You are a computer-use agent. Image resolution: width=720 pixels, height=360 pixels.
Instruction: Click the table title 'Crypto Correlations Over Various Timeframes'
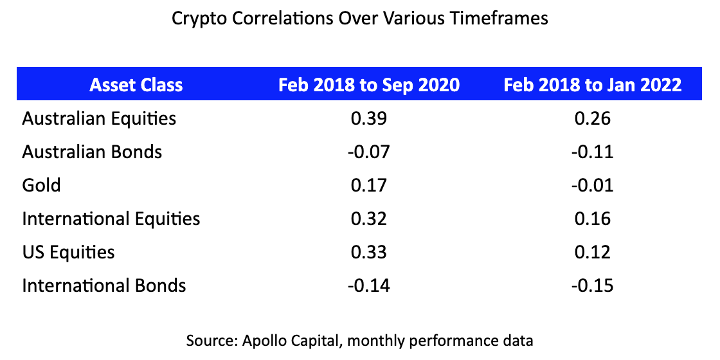point(359,18)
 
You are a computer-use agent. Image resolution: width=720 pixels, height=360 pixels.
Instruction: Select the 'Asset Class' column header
point(136,85)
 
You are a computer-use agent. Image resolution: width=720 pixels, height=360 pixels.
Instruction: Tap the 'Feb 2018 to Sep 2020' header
point(369,85)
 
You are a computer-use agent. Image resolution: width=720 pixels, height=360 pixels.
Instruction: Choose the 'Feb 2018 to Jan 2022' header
point(593,85)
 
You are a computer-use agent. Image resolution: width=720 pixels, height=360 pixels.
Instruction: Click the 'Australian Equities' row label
point(99,118)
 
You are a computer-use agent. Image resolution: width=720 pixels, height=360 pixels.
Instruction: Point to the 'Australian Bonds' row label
point(92,152)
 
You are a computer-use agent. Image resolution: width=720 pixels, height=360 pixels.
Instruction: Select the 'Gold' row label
point(42,185)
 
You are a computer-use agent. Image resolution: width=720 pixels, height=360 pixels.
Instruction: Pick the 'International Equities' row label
point(111,219)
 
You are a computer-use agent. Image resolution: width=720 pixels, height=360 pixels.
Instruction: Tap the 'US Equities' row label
point(69,251)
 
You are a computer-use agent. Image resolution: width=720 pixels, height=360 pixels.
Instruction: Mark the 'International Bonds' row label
point(104,285)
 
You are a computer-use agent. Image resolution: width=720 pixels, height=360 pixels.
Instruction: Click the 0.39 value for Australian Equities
point(369,118)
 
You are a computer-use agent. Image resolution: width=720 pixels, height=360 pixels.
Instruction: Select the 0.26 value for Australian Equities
point(593,118)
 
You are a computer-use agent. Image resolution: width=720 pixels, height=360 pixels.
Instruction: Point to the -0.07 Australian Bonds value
point(369,152)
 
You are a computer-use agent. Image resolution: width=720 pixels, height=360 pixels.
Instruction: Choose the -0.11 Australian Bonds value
point(593,152)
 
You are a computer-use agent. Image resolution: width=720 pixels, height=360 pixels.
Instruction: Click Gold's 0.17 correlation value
point(369,185)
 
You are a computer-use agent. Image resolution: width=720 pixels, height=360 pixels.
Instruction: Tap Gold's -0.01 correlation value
point(593,185)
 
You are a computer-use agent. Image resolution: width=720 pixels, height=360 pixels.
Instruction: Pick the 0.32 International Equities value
point(369,219)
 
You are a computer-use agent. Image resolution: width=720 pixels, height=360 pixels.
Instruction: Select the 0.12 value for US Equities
point(593,251)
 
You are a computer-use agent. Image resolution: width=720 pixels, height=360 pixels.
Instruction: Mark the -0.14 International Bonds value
point(369,285)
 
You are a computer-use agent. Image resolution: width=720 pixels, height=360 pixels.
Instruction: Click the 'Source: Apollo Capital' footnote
point(359,340)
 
